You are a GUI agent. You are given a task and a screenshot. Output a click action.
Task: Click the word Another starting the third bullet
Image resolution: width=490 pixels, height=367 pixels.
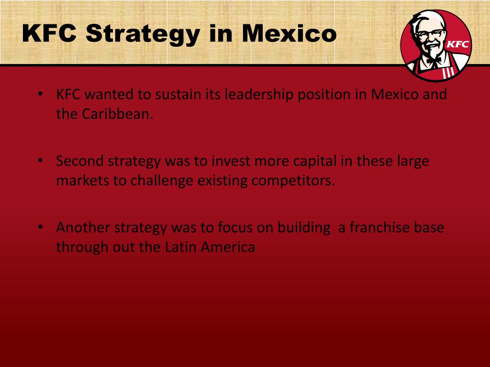pos(83,227)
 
